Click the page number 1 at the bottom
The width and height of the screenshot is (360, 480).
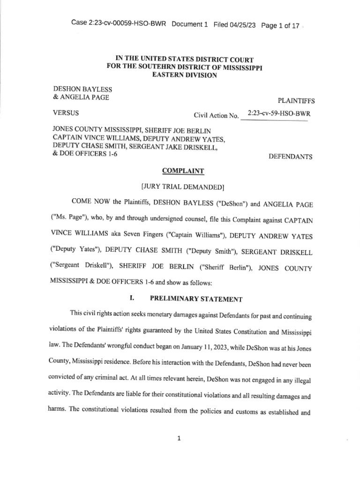[180, 438]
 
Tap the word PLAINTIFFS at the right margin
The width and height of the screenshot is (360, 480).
[296, 100]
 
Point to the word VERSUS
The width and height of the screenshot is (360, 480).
[66, 113]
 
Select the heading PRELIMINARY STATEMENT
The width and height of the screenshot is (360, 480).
[196, 299]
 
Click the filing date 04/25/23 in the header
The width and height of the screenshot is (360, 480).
[241, 24]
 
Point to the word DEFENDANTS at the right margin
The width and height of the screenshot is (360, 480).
[290, 157]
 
